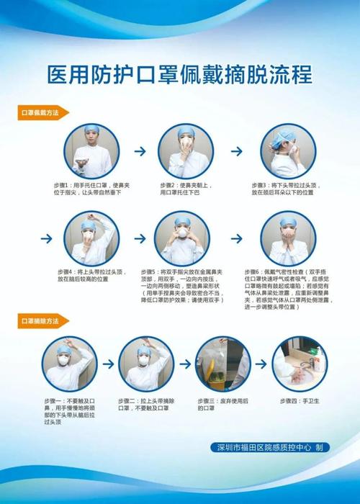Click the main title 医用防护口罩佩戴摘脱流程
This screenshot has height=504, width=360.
(179, 73)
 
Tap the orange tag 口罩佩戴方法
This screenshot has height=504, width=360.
(43, 112)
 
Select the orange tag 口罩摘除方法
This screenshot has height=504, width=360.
(43, 318)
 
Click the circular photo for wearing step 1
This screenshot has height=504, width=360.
(88, 151)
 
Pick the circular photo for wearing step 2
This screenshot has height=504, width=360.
(186, 151)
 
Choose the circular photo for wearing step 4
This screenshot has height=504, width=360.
(88, 238)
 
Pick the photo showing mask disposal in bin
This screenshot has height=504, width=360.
(222, 364)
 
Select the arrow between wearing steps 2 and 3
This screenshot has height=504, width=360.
(235, 152)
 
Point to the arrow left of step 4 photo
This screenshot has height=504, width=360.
(47, 238)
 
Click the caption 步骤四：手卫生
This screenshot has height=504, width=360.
(302, 400)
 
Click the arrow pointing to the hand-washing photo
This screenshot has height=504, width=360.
(262, 364)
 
